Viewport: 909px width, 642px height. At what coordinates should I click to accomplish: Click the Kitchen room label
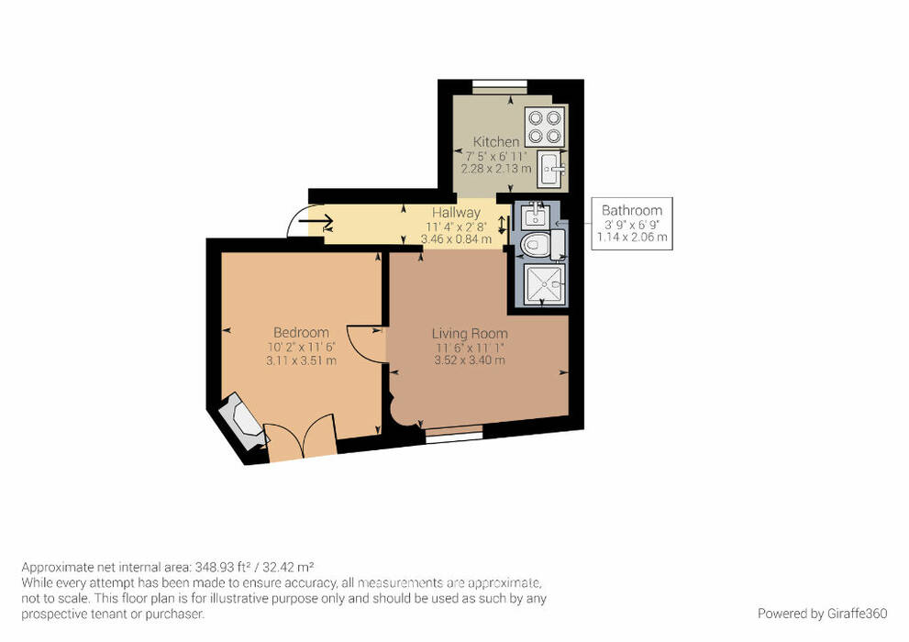click(496, 141)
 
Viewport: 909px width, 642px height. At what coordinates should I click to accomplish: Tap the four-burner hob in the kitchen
click(545, 127)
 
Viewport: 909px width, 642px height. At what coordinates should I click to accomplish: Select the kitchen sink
click(550, 169)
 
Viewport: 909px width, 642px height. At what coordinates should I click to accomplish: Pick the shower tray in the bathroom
click(544, 284)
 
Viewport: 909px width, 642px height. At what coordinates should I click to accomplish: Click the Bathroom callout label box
click(632, 224)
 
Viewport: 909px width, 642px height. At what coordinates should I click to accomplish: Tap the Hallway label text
click(456, 213)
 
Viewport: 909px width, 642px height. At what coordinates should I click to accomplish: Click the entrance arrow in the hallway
click(316, 221)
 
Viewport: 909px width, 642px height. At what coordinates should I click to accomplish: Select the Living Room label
click(470, 334)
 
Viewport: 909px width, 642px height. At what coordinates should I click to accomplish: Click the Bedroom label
click(301, 333)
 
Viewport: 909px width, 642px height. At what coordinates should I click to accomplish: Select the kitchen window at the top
click(499, 87)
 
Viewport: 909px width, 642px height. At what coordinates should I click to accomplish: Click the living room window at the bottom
click(454, 433)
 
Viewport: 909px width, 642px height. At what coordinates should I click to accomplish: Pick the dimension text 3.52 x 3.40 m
click(470, 360)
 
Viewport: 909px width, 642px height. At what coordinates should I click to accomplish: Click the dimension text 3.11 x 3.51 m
click(301, 360)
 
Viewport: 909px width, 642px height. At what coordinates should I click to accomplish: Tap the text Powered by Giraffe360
click(822, 613)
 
